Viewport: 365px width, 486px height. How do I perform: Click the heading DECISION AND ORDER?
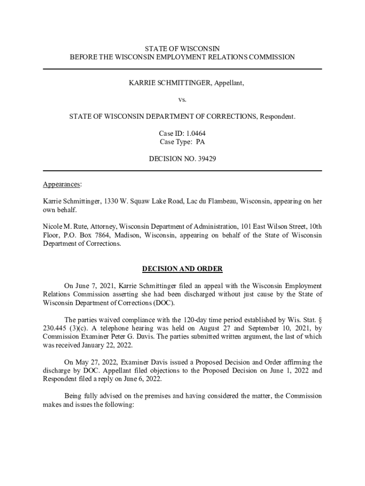click(182, 269)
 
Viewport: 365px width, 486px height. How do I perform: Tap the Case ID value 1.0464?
click(195, 133)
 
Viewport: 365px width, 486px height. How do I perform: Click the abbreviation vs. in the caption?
click(182, 100)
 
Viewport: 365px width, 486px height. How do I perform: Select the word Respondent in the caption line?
click(276, 116)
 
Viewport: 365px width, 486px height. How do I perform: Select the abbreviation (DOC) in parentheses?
click(164, 303)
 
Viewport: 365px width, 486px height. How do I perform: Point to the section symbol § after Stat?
click(320, 319)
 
